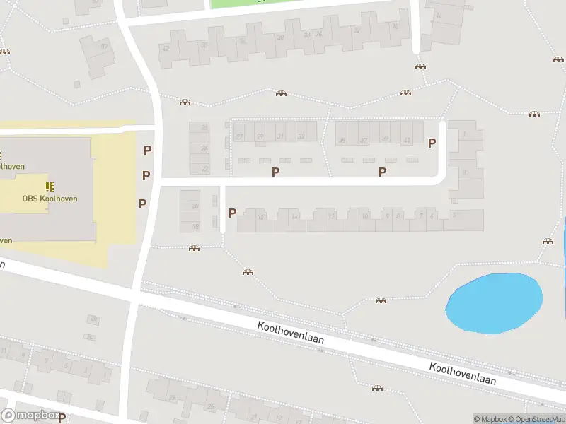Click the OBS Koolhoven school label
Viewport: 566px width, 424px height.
[x=49, y=199]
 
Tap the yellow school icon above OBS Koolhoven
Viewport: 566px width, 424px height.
[x=50, y=186]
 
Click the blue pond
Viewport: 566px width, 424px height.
[x=494, y=302]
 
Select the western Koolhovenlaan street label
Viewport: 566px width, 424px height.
[x=291, y=334]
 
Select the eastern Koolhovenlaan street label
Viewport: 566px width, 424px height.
[x=463, y=373]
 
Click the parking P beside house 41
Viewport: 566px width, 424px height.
[x=432, y=142]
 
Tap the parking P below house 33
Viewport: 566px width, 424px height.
[x=275, y=171]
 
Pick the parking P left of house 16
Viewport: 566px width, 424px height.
[x=232, y=212]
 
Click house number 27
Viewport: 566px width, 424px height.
[x=240, y=136]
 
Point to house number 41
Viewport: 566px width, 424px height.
[x=407, y=141]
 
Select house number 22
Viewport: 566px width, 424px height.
[x=205, y=169]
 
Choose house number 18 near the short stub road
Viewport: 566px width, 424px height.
[x=196, y=226]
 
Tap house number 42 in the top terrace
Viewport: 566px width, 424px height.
[x=166, y=48]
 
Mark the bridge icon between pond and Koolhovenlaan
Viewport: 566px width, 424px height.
[x=381, y=300]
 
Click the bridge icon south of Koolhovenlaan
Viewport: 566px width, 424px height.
[x=377, y=388]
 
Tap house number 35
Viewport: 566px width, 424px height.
[x=342, y=141]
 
